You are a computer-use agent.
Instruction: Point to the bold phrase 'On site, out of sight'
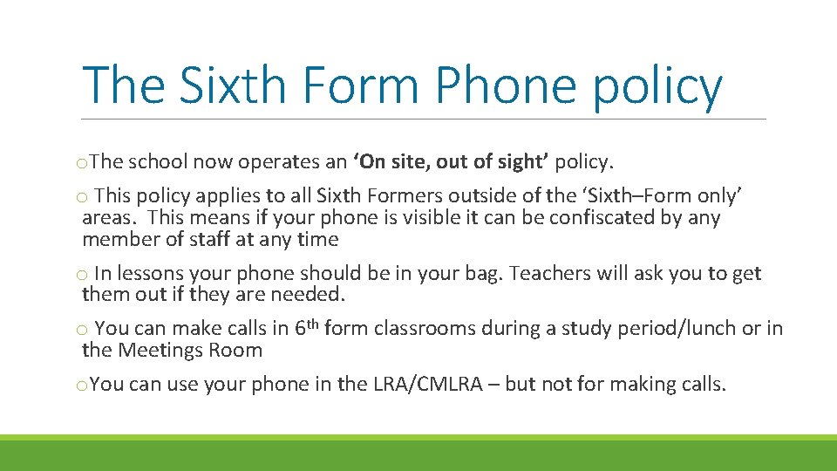click(x=451, y=161)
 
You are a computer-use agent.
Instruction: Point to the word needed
click(x=314, y=295)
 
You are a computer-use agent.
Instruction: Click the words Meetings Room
click(x=189, y=351)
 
